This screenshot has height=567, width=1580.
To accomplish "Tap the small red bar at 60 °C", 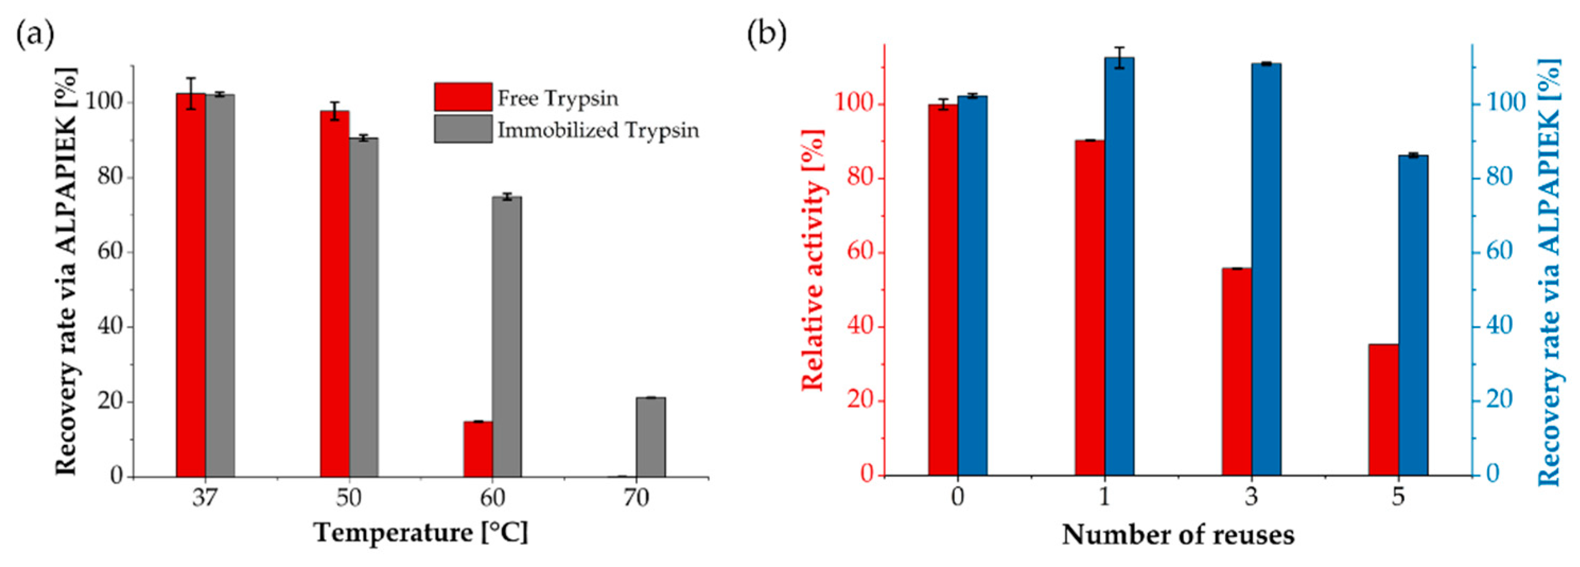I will pyautogui.click(x=478, y=449).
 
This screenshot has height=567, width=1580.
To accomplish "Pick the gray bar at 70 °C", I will pyautogui.click(x=650, y=437).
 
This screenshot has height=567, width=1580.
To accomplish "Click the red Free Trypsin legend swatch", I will pyautogui.click(x=462, y=97).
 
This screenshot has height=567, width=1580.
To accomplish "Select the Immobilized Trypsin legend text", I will pyautogui.click(x=598, y=130).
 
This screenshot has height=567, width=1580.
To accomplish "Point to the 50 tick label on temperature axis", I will pyautogui.click(x=348, y=498).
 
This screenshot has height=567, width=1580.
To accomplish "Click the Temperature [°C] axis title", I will pyautogui.click(x=421, y=532).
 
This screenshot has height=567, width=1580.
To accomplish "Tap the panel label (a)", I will pyautogui.click(x=35, y=36).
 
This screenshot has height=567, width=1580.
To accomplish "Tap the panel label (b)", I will pyautogui.click(x=766, y=36).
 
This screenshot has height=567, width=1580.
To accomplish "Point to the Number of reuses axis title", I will pyautogui.click(x=1178, y=535).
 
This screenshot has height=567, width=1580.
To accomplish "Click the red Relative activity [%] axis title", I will pyautogui.click(x=813, y=261).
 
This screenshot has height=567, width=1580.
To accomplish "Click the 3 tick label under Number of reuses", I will pyautogui.click(x=1251, y=497).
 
